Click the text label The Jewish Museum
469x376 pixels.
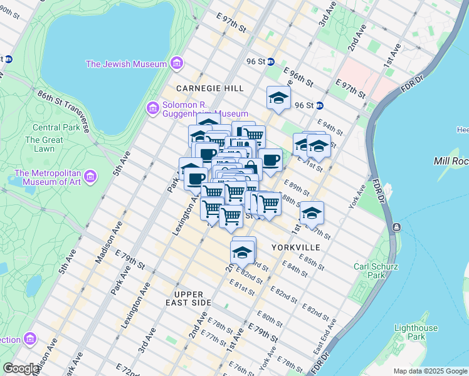[126, 64]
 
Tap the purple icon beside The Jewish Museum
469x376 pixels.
[176, 64]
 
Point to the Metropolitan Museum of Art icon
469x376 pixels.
[90, 177]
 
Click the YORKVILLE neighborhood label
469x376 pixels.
[296, 248]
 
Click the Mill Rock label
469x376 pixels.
[450, 161]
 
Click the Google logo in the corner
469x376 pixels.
[21, 368]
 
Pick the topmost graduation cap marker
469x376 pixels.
[278, 98]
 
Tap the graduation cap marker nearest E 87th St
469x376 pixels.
[312, 213]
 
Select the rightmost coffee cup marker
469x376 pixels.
[270, 160]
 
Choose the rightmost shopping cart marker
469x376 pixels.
[270, 203]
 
